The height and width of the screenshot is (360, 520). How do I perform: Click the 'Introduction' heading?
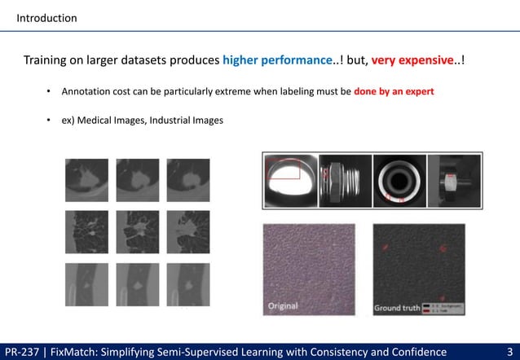tap(47, 17)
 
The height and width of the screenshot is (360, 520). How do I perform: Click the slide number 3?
tap(509, 351)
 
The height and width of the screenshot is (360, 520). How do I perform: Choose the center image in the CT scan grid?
tap(136, 230)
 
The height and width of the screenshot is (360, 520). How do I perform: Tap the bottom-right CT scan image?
tap(186, 284)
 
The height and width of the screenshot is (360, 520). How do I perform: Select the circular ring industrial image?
tap(399, 177)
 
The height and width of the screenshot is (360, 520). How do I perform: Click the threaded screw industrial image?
tap(345, 177)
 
